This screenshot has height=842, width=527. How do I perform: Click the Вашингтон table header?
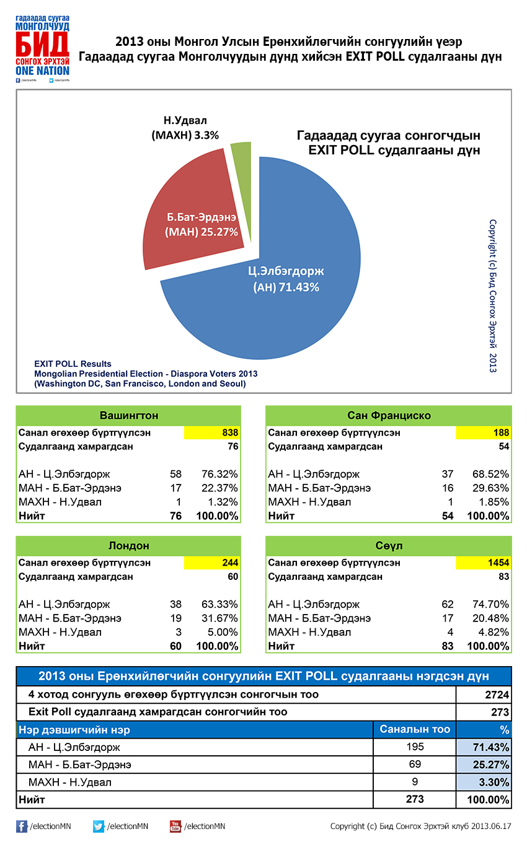tap(128, 415)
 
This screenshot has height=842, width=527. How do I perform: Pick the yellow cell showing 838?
tap(212, 432)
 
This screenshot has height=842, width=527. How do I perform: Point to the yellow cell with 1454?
tap(484, 563)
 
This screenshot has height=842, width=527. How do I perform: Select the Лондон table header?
tap(128, 546)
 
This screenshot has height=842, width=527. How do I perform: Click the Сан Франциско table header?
tap(389, 415)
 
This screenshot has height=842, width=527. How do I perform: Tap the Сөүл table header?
tap(389, 546)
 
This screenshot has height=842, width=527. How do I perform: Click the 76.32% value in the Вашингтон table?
tap(219, 474)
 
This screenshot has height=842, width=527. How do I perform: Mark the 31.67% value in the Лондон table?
tap(219, 618)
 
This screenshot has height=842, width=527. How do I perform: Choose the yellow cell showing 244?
tap(212, 563)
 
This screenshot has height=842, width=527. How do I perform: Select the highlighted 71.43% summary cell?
tap(484, 747)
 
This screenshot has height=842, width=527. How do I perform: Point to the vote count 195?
tap(415, 747)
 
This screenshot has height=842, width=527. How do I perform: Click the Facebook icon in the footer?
tap(22, 826)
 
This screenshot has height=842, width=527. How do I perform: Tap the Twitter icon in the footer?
tap(99, 826)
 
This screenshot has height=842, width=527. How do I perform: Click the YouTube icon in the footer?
tap(175, 826)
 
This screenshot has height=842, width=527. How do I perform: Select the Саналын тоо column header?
tap(414, 729)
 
